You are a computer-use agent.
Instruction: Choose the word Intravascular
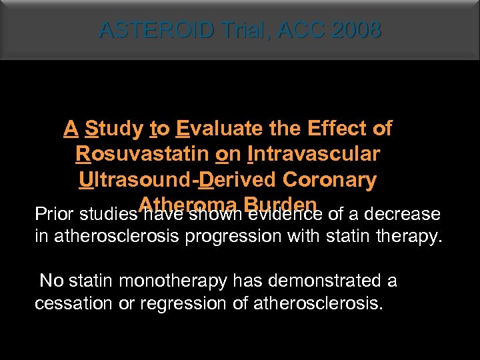click(313, 154)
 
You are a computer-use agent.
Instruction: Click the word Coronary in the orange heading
click(329, 180)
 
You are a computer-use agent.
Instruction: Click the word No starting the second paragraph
click(51, 281)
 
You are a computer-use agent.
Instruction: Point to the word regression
click(172, 304)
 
